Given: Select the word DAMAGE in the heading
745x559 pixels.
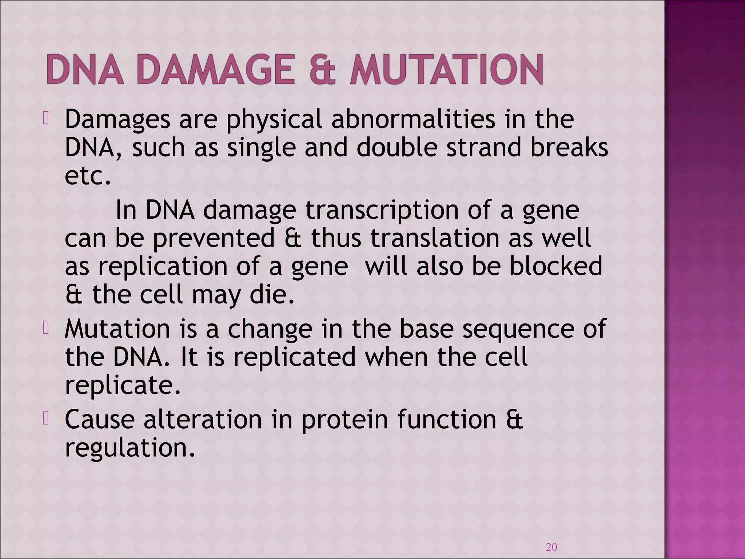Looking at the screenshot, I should click(215, 70).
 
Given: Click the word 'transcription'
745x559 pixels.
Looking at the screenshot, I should click(382, 210).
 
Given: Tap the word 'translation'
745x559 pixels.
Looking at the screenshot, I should click(435, 239).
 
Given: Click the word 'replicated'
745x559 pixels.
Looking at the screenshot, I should click(294, 357).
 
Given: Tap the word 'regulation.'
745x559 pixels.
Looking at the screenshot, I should click(130, 448).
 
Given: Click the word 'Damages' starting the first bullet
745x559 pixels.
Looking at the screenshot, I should click(117, 120).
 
